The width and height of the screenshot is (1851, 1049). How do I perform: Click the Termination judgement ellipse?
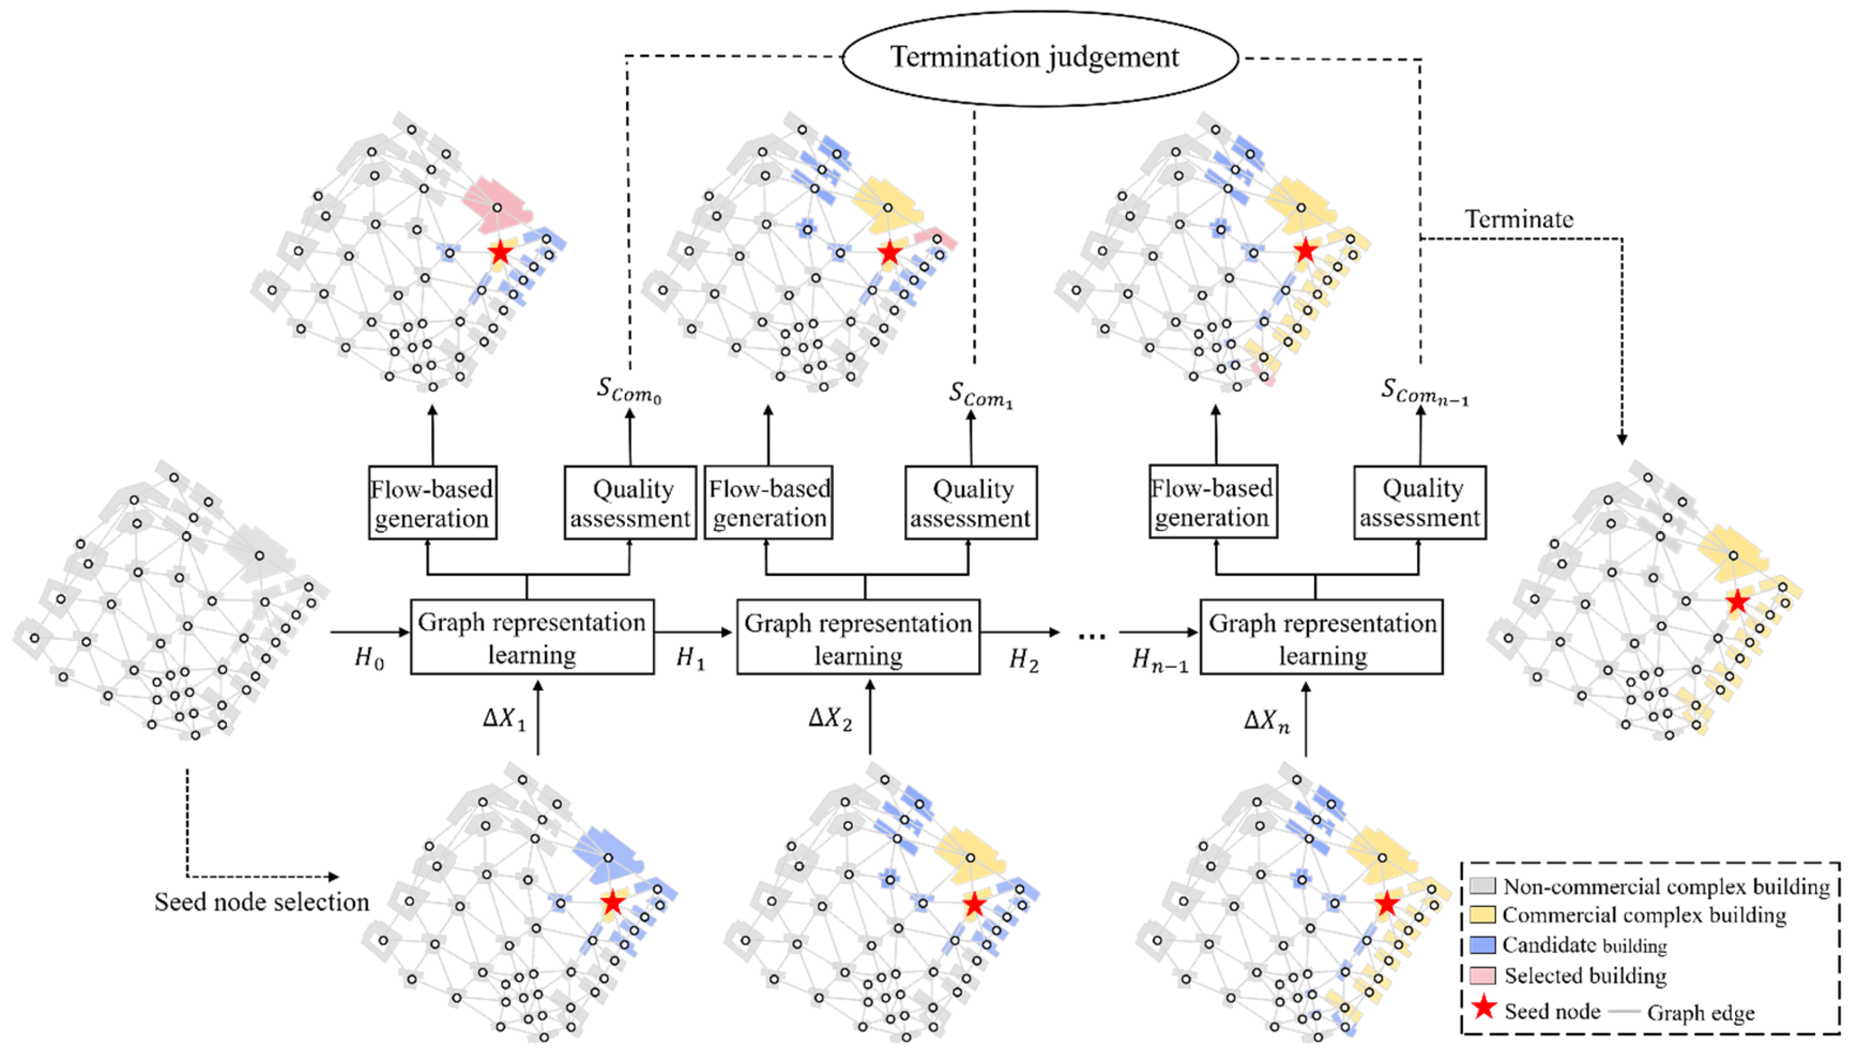(x=1040, y=57)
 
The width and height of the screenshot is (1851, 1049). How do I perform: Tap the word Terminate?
(x=1519, y=219)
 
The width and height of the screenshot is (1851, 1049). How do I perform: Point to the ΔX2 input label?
(x=830, y=718)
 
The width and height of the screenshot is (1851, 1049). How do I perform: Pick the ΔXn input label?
(x=1267, y=720)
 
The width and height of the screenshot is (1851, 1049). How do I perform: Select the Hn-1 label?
(x=1159, y=659)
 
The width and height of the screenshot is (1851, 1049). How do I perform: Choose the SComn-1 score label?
(x=1424, y=391)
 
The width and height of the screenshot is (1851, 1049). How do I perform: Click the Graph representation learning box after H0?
(x=532, y=638)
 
